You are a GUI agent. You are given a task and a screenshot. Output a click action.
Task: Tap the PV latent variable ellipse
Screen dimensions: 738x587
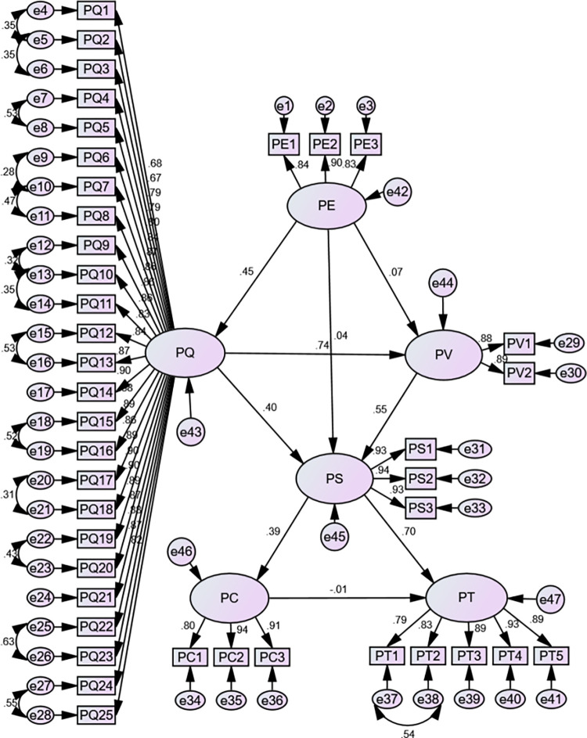click(x=443, y=355)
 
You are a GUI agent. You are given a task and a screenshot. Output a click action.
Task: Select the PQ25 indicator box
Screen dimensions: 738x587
click(x=98, y=715)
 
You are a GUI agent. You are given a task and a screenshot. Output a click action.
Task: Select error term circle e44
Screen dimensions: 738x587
click(x=443, y=293)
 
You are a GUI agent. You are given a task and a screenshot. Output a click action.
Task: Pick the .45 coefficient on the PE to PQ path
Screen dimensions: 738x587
click(x=248, y=273)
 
